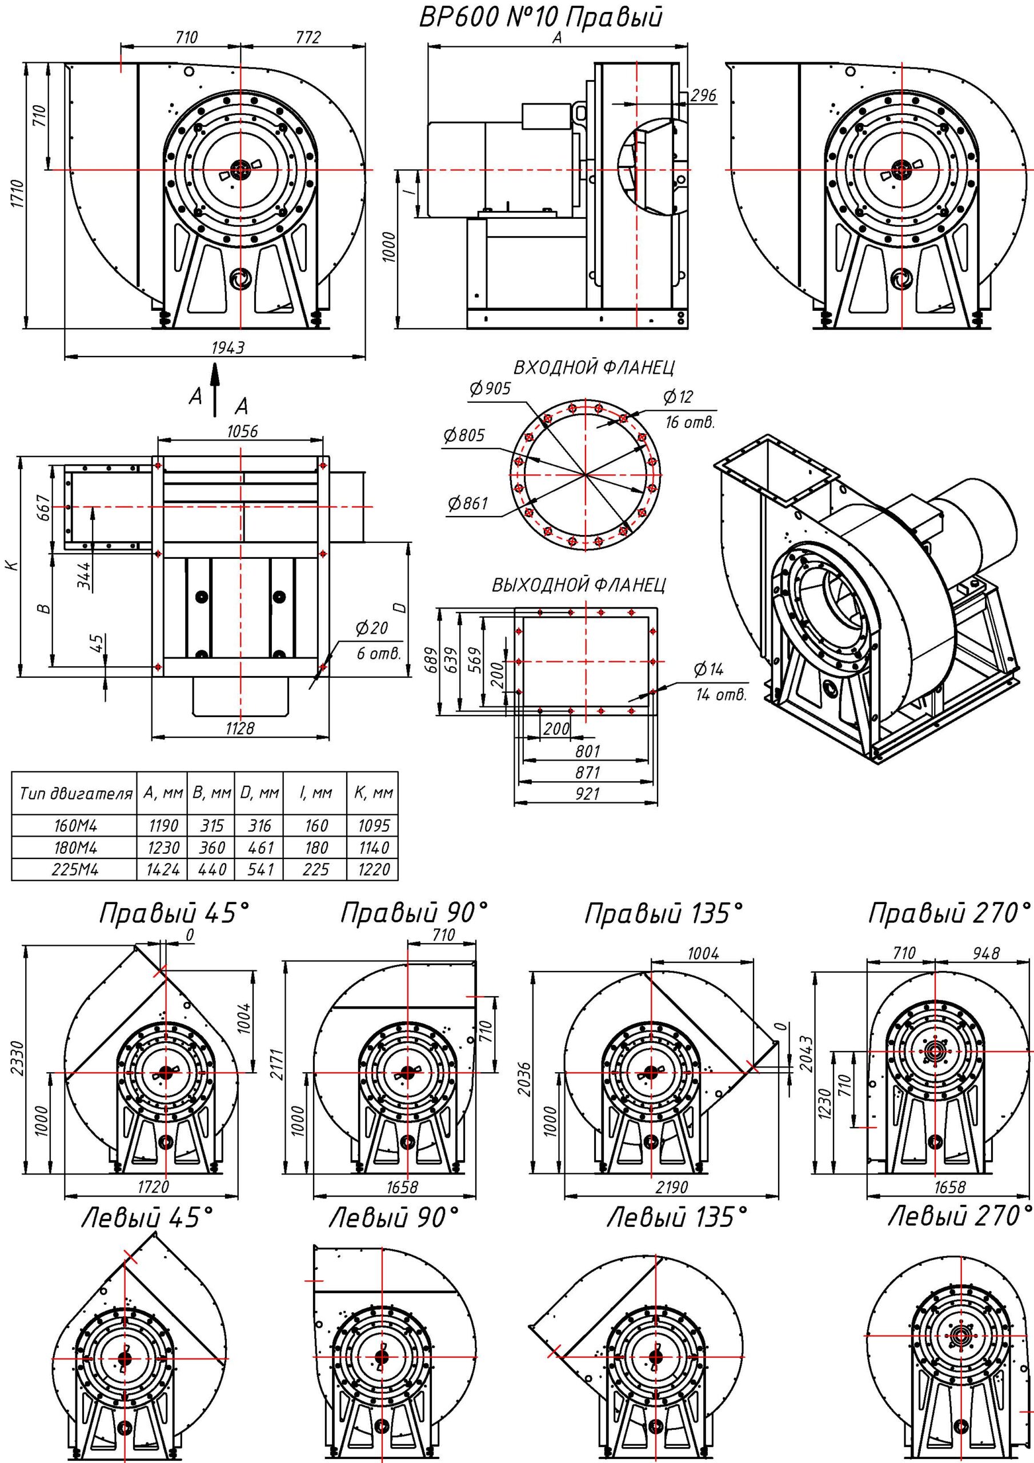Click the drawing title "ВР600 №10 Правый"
coord(540,17)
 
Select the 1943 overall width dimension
coord(227,347)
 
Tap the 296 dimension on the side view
coord(703,95)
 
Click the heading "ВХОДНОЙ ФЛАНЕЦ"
coord(594,368)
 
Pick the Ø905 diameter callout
coord(490,389)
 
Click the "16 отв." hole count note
coord(690,422)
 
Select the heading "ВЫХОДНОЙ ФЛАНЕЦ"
coord(579,585)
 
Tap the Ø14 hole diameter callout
coord(708,669)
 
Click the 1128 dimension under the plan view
coord(239,727)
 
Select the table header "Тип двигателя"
coord(75,794)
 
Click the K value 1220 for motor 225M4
coord(374,870)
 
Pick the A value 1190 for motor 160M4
coord(163,826)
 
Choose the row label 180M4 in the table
coord(75,848)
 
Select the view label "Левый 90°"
coord(394,1218)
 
